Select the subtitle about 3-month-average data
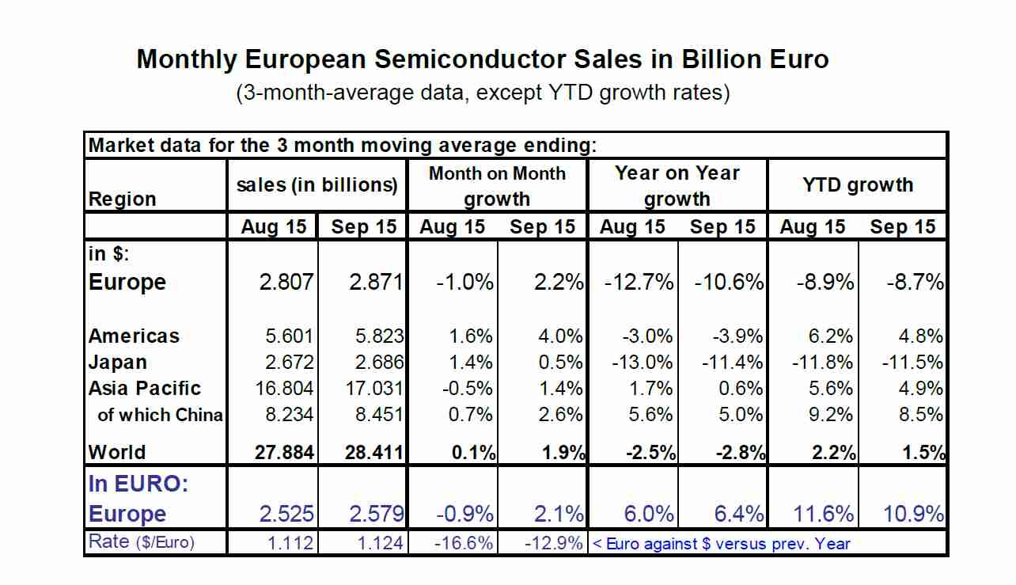482,93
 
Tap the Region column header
123,199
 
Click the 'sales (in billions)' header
317,185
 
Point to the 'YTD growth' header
858,185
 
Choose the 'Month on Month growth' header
497,186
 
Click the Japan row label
118,363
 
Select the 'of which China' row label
160,415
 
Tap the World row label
117,453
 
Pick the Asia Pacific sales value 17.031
376,389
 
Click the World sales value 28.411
375,453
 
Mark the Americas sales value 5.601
290,336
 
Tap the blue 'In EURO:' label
138,484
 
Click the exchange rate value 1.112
290,544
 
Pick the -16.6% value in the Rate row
466,544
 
